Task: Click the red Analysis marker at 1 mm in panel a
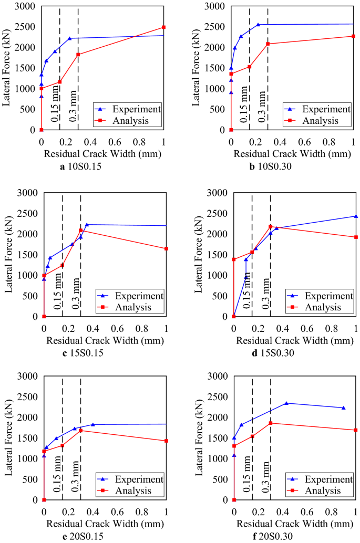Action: (x=164, y=27)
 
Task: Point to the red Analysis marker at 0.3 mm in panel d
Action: (x=270, y=227)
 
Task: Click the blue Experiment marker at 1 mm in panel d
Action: (x=356, y=216)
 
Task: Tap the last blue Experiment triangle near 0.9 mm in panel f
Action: (x=344, y=408)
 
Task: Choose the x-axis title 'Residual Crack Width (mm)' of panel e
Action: (x=105, y=524)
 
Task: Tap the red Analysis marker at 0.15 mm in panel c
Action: (x=62, y=266)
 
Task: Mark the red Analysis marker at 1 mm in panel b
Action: (x=354, y=36)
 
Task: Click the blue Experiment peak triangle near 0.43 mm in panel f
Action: (x=286, y=403)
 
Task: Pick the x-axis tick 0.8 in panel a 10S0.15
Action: (x=139, y=141)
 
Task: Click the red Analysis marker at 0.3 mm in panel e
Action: (x=80, y=431)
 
